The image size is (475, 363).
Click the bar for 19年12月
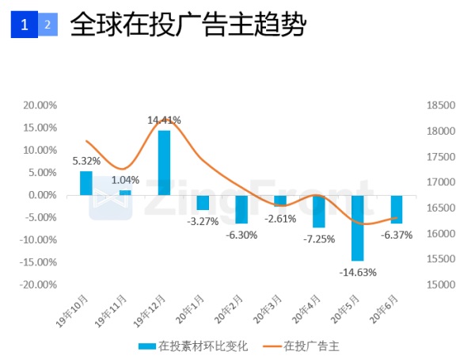pos(164,162)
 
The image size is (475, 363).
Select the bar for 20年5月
pos(358,227)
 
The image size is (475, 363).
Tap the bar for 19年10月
pos(86,183)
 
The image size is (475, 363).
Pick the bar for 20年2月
pos(241,209)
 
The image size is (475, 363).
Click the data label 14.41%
pos(164,120)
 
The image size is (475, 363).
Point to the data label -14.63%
pos(358,272)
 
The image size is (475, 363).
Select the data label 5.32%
pos(86,161)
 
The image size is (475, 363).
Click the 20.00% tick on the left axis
pos(40,105)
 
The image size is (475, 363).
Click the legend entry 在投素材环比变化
pos(193,346)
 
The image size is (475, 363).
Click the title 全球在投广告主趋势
pos(188,25)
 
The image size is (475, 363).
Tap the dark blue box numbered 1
pos(25,25)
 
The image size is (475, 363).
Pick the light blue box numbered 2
pos(47,25)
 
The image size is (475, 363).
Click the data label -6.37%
pos(397,235)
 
